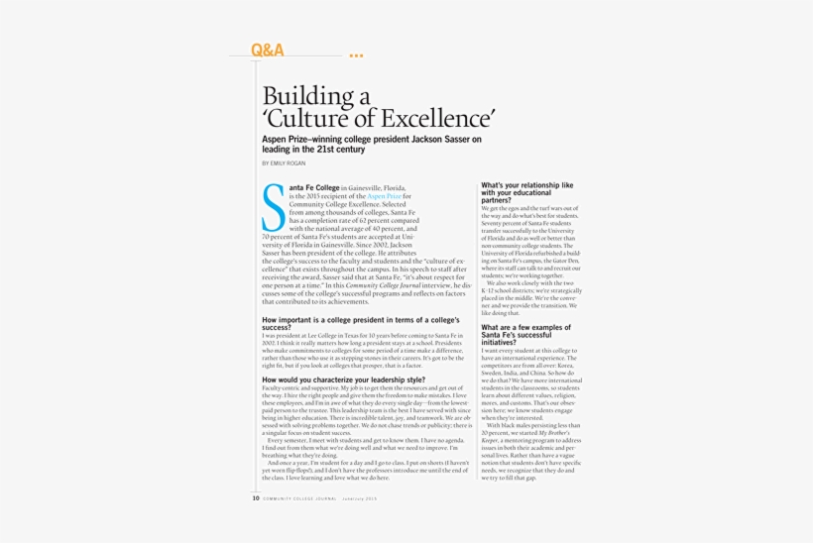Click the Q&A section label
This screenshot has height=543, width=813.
(267, 50)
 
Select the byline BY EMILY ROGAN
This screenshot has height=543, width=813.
(285, 163)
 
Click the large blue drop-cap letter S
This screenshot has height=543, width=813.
(273, 208)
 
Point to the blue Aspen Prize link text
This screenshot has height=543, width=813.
(385, 196)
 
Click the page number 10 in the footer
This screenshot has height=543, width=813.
(256, 498)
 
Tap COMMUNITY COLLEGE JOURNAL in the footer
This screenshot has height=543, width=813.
(299, 498)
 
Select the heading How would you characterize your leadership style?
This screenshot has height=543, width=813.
(343, 380)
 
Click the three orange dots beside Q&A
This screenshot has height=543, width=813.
(356, 55)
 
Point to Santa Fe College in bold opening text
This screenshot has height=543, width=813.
(313, 187)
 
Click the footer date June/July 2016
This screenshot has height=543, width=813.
(360, 498)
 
